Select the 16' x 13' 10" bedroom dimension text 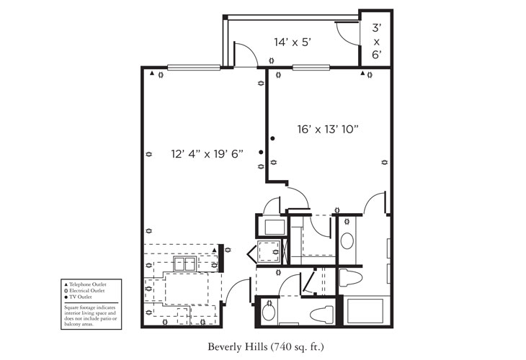click(x=328, y=130)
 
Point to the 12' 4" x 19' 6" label click(x=207, y=153)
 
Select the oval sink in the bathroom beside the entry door click(x=269, y=312)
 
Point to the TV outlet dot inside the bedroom click(x=272, y=138)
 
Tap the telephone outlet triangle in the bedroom click(x=362, y=73)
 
